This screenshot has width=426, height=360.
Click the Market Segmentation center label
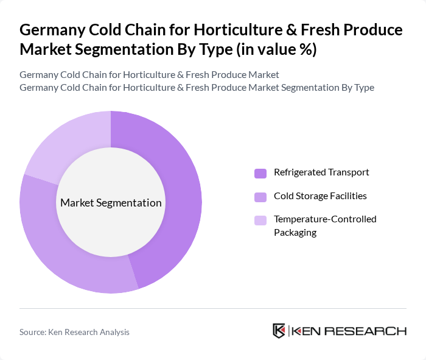[x=111, y=203]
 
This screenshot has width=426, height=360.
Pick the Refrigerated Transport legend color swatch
[x=260, y=173]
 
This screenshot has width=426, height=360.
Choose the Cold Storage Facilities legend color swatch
[x=260, y=197]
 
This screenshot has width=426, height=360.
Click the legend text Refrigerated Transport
[x=321, y=172]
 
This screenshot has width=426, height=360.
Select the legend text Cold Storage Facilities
[x=320, y=196]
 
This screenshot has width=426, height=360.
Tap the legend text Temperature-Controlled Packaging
[x=325, y=225]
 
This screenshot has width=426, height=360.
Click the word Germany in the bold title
[x=50, y=30]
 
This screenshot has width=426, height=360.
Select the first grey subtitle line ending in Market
[x=149, y=75]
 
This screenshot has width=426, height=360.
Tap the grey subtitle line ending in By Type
[x=197, y=88]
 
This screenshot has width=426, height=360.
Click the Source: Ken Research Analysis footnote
[x=74, y=332]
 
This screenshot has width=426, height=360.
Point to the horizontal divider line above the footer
[x=213, y=308]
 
